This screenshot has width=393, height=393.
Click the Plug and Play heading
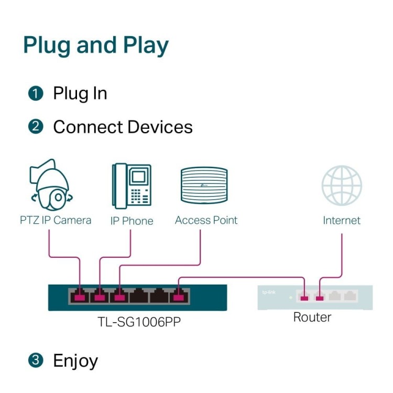(96, 46)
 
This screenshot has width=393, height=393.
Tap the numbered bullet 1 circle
(36, 94)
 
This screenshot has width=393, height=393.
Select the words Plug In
(80, 93)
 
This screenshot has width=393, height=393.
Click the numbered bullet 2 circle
(36, 127)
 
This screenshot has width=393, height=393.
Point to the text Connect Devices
(123, 127)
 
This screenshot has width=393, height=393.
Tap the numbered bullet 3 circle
(36, 361)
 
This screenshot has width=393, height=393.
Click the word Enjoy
(75, 361)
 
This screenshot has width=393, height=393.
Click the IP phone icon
(131, 185)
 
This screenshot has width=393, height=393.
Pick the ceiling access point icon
(204, 185)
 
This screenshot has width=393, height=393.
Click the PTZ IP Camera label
(56, 220)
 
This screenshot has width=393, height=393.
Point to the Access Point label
(206, 220)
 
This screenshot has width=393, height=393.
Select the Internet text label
(342, 221)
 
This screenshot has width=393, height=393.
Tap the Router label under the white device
(312, 317)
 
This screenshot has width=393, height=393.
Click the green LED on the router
(290, 298)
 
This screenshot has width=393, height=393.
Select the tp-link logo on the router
(268, 292)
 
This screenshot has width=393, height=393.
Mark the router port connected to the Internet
(320, 297)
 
